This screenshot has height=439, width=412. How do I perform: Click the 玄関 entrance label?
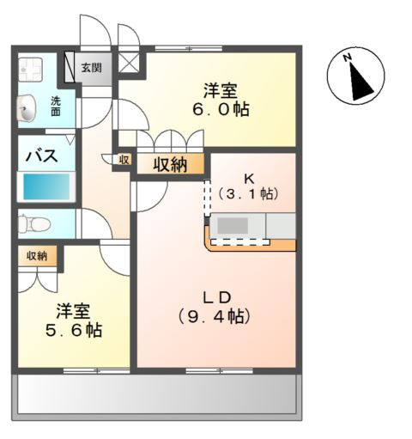(91, 68)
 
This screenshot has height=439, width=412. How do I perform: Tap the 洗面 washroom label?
(56, 107)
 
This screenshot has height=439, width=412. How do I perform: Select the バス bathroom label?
(42, 156)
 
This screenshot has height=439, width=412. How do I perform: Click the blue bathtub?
(46, 186)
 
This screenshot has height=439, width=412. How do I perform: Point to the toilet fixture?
(34, 224)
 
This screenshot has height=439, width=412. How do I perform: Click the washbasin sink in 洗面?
(27, 108)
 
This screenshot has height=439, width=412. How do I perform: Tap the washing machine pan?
(30, 70)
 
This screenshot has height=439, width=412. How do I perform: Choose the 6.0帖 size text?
(221, 109)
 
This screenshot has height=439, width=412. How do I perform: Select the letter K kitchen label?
(249, 179)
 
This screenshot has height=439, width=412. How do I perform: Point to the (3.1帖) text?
(249, 194)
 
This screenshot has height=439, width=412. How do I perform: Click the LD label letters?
(217, 298)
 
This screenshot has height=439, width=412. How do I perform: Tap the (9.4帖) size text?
(215, 317)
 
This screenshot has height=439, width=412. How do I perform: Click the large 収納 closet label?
(170, 165)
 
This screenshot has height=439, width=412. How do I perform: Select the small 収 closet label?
(124, 160)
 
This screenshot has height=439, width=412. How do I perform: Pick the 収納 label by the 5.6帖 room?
(37, 256)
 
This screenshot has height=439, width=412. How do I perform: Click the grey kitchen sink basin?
(233, 225)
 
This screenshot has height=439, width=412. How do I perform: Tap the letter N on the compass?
(348, 58)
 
